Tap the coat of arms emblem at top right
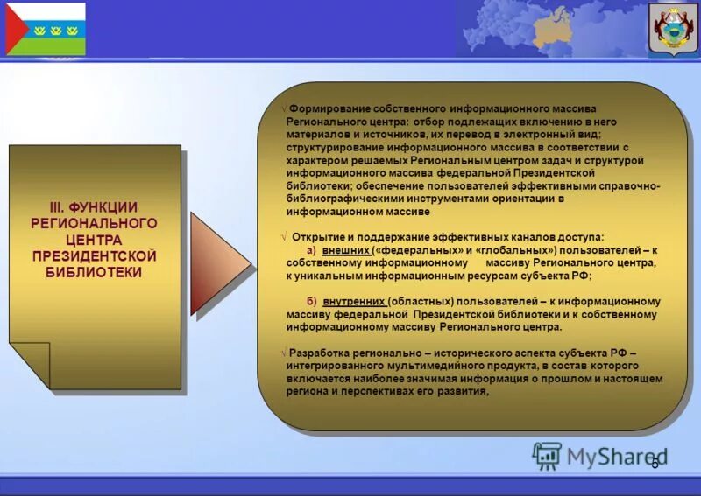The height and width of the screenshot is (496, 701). [x=674, y=29]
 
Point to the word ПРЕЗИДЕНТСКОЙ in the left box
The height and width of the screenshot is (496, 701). [x=94, y=255]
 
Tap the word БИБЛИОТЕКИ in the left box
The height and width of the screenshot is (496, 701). [x=94, y=271]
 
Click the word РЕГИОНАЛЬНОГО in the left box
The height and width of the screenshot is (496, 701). [x=94, y=223]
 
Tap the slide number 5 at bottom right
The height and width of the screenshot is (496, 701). [x=654, y=462]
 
